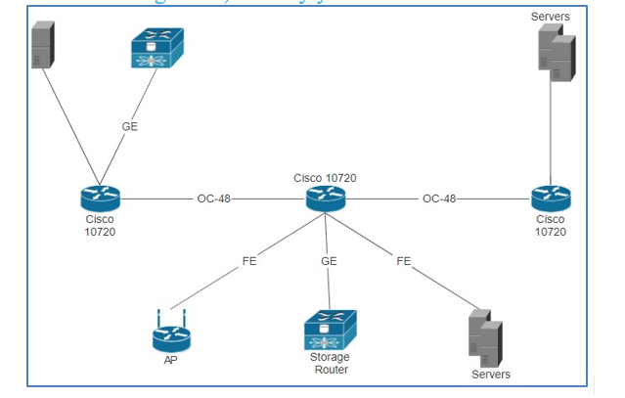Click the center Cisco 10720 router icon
(x=326, y=199)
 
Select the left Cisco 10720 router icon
(x=100, y=199)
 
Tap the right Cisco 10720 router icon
(x=551, y=199)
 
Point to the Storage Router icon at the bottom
(x=330, y=330)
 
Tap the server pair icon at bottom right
(x=485, y=337)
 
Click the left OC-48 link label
(x=213, y=199)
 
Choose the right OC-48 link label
(x=439, y=199)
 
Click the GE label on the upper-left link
(x=130, y=126)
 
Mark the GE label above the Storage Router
(x=329, y=261)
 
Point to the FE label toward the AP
(x=249, y=261)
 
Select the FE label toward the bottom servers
(x=404, y=261)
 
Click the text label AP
(x=171, y=360)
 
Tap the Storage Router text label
(x=330, y=364)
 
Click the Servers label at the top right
(x=551, y=17)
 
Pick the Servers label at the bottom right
(x=490, y=375)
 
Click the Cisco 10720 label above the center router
(x=325, y=178)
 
